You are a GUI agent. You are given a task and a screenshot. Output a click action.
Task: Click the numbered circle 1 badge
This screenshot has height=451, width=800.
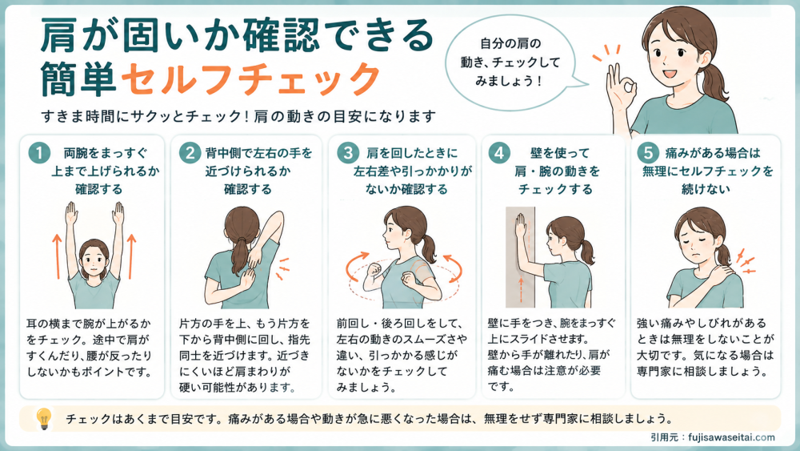(38, 153)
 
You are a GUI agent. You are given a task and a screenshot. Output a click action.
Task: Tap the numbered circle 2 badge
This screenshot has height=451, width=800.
(190, 153)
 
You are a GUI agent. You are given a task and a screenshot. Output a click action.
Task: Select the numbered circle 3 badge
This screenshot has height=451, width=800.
(348, 153)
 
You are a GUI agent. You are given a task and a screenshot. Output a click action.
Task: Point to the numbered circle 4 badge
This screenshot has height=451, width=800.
(499, 153)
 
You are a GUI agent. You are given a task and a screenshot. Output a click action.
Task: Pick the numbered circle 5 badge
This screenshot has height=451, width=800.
(648, 153)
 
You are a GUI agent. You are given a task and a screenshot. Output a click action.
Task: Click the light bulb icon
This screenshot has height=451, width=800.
(45, 418)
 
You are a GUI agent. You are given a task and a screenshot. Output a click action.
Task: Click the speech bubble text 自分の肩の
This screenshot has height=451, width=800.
(510, 43)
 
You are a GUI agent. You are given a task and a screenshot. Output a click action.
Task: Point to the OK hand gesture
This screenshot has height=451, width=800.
(619, 87)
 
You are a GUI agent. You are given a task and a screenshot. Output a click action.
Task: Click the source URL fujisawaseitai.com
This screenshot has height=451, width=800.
(731, 437)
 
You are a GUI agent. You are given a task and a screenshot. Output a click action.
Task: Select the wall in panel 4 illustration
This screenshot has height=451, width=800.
(520, 257)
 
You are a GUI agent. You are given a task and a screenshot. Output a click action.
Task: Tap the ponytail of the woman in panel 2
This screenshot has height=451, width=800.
(239, 256)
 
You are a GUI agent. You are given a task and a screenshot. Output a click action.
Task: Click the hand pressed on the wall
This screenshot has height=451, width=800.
(521, 226)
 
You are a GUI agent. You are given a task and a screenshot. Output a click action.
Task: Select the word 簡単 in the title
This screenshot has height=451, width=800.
(78, 79)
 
